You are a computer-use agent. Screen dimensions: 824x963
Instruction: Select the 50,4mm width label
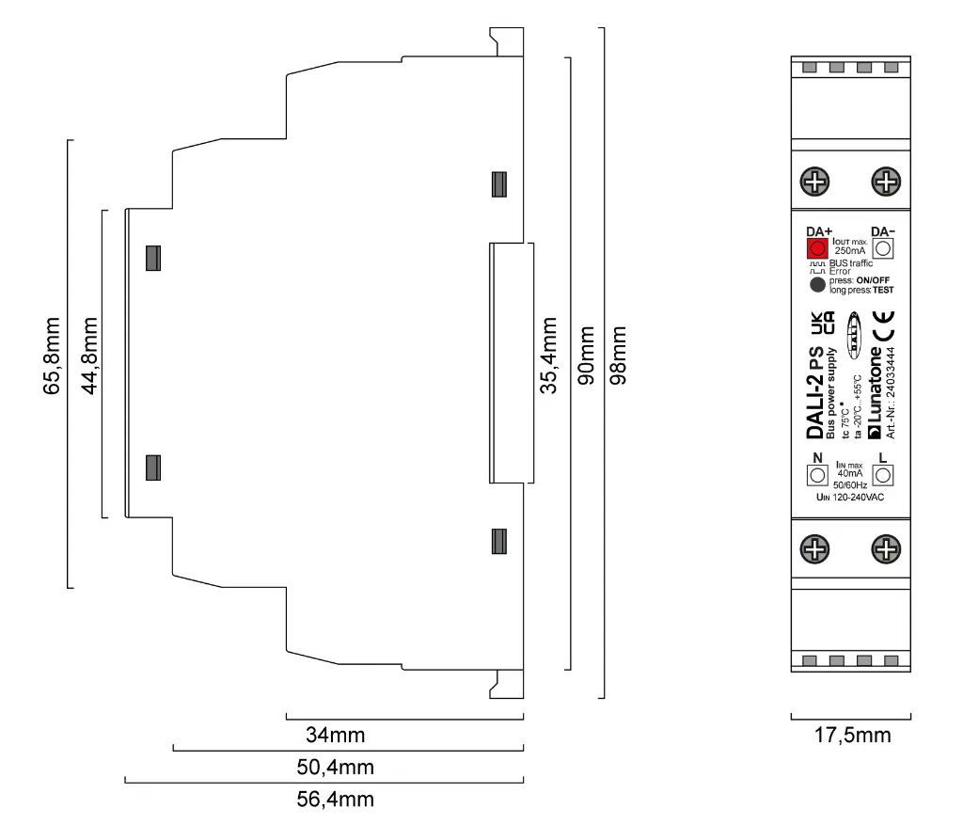[x=335, y=768]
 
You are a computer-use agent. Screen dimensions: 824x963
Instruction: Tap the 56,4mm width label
[x=335, y=800]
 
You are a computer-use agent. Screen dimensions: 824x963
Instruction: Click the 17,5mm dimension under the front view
[x=851, y=736]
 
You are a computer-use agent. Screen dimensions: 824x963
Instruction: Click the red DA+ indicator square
[x=816, y=248]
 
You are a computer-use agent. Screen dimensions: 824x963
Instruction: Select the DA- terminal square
[x=883, y=248]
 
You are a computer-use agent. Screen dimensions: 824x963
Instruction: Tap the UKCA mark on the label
[x=822, y=325]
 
